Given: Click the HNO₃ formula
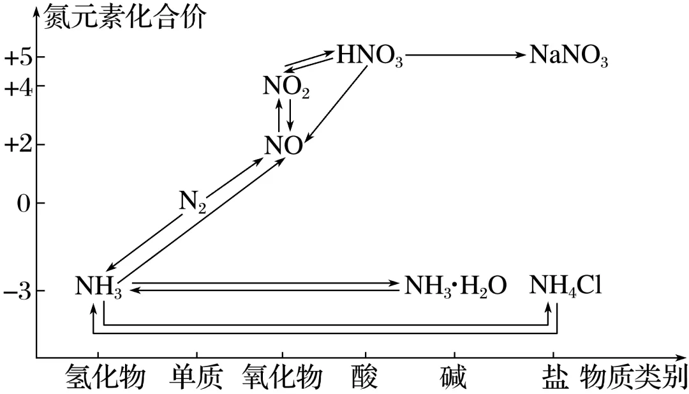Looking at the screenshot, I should pyautogui.click(x=369, y=57).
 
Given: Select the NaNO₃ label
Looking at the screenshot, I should pyautogui.click(x=568, y=57).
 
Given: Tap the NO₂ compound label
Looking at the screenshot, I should pyautogui.click(x=286, y=87).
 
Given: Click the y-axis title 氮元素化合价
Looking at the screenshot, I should pyautogui.click(x=124, y=17).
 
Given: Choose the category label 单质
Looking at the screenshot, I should pyautogui.click(x=196, y=378).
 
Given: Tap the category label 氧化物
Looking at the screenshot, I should pyautogui.click(x=282, y=378).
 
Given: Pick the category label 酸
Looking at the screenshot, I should pyautogui.click(x=366, y=378).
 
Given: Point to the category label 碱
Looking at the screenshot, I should pyautogui.click(x=454, y=378).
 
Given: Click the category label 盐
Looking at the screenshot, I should pyautogui.click(x=552, y=378).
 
